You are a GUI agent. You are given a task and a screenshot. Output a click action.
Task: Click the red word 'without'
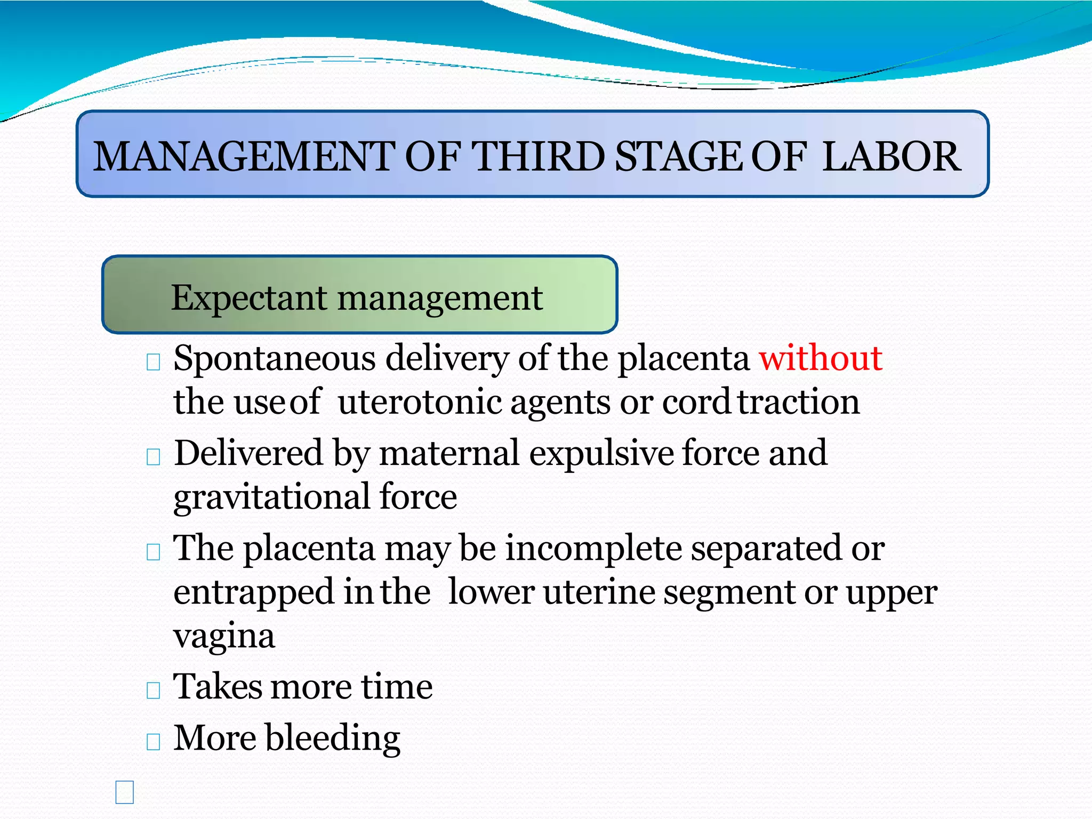click(820, 358)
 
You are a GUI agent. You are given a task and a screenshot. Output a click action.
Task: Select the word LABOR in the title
click(892, 157)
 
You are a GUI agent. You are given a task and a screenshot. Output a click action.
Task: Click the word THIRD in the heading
click(539, 157)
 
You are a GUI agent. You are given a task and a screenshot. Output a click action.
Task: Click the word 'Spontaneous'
click(275, 358)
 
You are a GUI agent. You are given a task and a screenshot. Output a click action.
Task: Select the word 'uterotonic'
click(420, 402)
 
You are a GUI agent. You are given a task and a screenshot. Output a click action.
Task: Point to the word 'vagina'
click(224, 637)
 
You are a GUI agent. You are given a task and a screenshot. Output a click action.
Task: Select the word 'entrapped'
click(253, 592)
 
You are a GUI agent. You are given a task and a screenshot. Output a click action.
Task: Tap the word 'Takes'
click(217, 687)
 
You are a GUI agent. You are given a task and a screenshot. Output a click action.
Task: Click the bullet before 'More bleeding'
click(153, 742)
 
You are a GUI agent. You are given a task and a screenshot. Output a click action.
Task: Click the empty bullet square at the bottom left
click(124, 792)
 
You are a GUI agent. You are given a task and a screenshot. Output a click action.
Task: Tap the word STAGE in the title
click(678, 157)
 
